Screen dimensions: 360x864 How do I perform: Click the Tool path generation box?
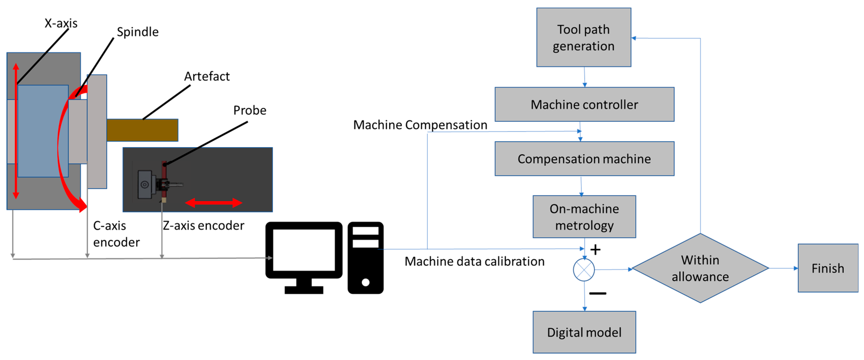point(583,37)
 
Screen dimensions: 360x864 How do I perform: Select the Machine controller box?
point(584,104)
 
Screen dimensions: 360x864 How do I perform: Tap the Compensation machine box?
point(584,159)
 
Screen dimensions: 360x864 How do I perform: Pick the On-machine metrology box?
point(584,217)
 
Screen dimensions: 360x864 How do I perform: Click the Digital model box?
point(584,332)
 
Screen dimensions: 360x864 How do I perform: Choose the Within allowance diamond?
point(700,268)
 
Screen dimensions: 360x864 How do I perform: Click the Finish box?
point(827,268)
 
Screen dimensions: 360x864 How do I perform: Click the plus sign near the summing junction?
point(595,250)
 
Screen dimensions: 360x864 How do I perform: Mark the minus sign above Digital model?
point(597,293)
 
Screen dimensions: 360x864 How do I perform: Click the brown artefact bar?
point(142,130)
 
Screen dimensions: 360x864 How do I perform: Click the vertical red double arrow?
point(16,131)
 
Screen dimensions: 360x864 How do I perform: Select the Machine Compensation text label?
point(420,125)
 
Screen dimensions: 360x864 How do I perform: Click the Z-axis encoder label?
point(203,225)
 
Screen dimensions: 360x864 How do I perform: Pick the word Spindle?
point(137,32)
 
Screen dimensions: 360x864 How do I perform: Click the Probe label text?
point(250,110)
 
